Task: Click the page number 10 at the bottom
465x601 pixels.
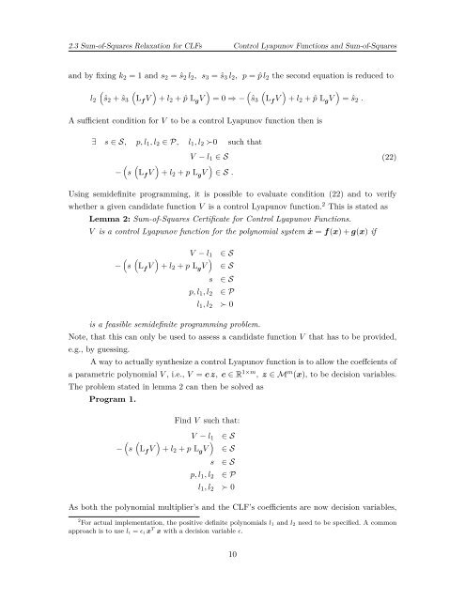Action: pos(231,582)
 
